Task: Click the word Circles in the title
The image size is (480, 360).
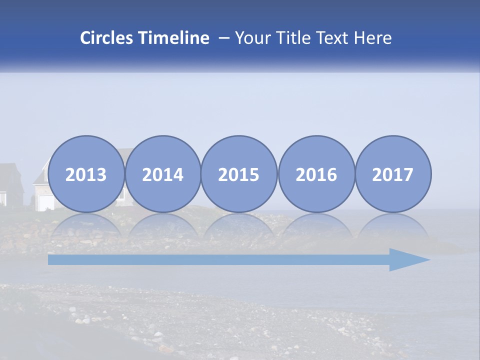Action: tap(107, 38)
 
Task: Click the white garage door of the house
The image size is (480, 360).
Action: tap(45, 202)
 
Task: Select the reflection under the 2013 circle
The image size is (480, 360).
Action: tap(86, 225)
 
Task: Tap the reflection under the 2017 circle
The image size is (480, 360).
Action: tap(393, 225)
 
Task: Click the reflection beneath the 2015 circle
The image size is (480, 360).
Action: tap(239, 225)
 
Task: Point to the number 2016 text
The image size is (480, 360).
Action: tap(316, 175)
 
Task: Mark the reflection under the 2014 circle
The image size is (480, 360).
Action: tap(163, 225)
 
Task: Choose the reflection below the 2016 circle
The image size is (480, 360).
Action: tap(316, 225)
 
